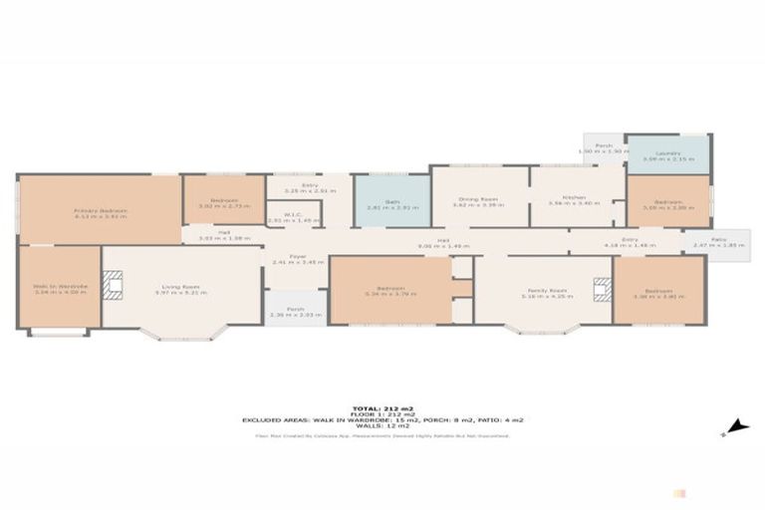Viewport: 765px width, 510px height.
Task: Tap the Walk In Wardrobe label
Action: [x=59, y=289]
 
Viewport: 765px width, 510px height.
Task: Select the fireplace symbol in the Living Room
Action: [x=115, y=287]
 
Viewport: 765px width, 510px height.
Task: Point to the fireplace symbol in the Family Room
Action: [x=600, y=290]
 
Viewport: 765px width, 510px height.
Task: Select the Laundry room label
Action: [x=668, y=155]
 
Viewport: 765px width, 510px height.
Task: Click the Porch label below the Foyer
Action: [x=295, y=311]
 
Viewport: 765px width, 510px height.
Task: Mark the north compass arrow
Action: [x=735, y=426]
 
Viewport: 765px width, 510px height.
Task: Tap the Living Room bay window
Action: [x=180, y=334]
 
